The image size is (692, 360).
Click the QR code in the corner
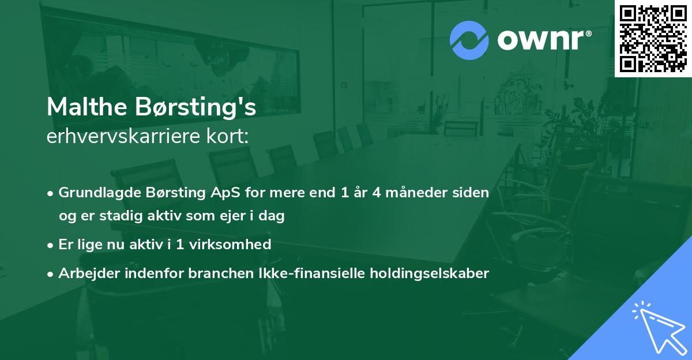pos(653,39)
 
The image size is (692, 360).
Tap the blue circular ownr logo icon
pos(469,40)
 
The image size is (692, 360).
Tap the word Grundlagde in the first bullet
pos(96,193)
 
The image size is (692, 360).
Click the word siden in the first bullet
pos(473,193)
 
